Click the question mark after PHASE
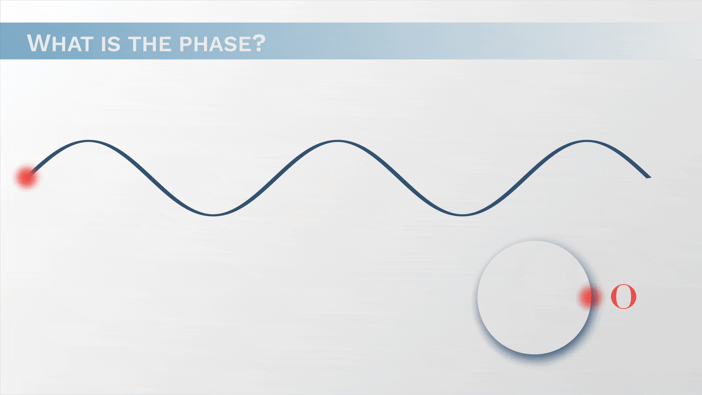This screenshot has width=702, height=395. pyautogui.click(x=258, y=43)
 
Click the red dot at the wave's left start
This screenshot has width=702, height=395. pyautogui.click(x=26, y=178)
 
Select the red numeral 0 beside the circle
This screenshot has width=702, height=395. pyautogui.click(x=624, y=297)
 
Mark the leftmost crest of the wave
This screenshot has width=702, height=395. pyautogui.click(x=88, y=141)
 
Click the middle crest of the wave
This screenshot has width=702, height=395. pyautogui.click(x=338, y=141)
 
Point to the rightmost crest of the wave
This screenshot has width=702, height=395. pyautogui.click(x=587, y=141)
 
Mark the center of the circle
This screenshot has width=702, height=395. pyautogui.click(x=534, y=297)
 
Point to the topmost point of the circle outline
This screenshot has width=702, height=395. pyautogui.click(x=534, y=241)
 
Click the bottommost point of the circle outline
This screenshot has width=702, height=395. pyautogui.click(x=534, y=354)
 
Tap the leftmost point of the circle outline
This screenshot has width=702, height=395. pyautogui.click(x=478, y=297)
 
